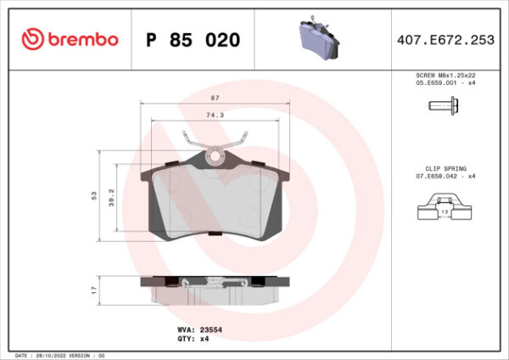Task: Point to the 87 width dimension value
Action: [215, 98]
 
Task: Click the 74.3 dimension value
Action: [215, 115]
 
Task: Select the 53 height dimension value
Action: [95, 195]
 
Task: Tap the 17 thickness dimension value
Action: [95, 290]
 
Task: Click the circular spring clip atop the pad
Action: [217, 155]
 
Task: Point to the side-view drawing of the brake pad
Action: [216, 290]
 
